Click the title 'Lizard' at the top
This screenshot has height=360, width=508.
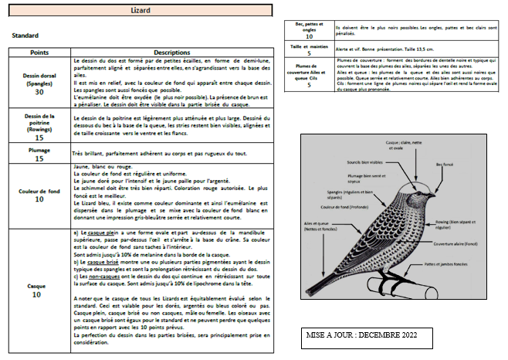(141, 11)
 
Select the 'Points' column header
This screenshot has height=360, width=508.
(39, 52)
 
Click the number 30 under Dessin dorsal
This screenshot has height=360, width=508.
(39, 92)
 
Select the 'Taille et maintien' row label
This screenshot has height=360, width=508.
(309, 47)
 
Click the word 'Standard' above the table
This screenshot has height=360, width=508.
(25, 36)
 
